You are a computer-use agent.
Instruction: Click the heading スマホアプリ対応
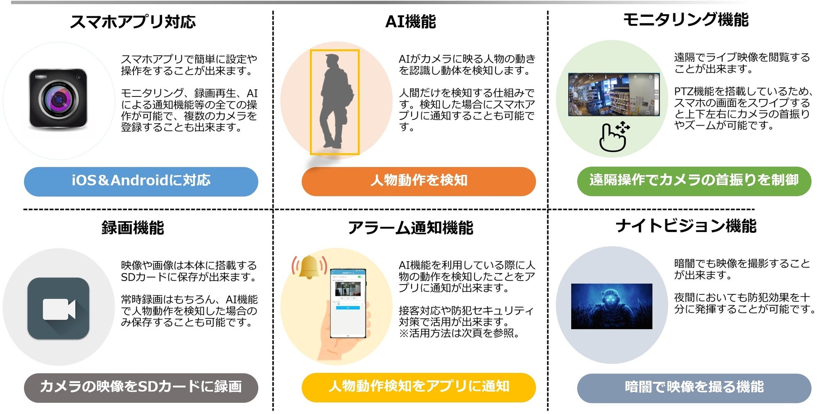(x=133, y=21)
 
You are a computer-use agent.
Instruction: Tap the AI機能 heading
(x=410, y=21)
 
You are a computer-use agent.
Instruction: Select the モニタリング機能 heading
(x=686, y=20)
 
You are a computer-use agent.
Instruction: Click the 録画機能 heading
(x=133, y=228)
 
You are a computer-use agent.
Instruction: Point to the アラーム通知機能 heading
(x=410, y=228)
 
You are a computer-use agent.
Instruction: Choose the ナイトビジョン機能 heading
(x=686, y=226)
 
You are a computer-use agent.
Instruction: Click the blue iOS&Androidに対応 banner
(x=141, y=181)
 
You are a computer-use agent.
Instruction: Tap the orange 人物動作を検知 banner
(x=419, y=181)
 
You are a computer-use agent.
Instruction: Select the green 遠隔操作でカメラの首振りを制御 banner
(x=694, y=181)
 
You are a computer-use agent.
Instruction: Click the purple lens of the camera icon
(x=59, y=99)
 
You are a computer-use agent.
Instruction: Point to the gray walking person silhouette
(x=334, y=101)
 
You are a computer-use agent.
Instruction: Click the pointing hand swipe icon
(x=613, y=138)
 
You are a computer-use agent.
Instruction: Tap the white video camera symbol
(x=59, y=309)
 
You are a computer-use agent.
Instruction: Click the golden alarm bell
(x=309, y=267)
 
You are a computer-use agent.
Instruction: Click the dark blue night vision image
(x=612, y=306)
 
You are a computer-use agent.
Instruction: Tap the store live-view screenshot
(x=614, y=94)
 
